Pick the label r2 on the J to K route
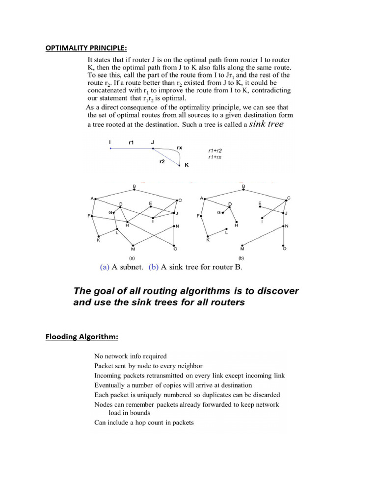point(162,161)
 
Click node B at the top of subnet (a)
point(134,187)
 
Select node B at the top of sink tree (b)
point(243,187)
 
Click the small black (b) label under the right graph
point(241,257)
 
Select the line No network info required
point(130,356)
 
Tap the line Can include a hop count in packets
point(144,422)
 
